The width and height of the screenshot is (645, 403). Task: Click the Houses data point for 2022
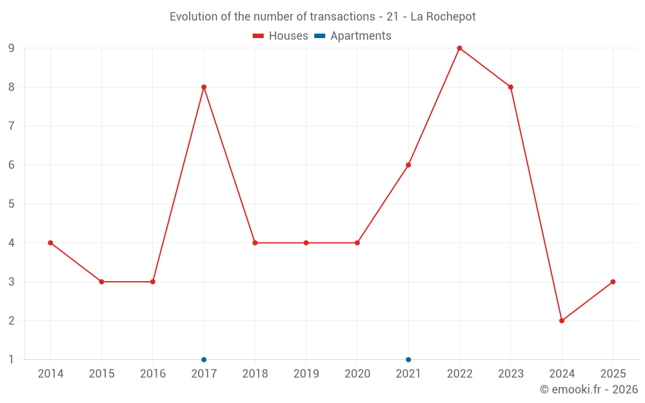click(459, 48)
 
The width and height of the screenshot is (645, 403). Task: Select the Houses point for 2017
click(204, 87)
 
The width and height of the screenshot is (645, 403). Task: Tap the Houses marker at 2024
click(562, 320)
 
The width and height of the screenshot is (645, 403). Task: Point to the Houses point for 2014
click(50, 242)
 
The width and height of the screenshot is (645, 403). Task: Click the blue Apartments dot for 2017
click(204, 359)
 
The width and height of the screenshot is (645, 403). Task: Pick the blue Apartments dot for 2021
click(408, 359)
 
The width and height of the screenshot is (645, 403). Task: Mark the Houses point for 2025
click(613, 282)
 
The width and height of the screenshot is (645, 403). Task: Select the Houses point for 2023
click(511, 87)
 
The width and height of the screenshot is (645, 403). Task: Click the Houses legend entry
click(281, 36)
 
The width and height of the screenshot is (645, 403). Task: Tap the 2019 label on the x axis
click(306, 374)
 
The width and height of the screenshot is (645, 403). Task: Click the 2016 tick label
click(153, 374)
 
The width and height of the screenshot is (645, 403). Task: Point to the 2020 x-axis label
click(357, 374)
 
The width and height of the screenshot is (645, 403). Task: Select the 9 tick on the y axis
click(12, 48)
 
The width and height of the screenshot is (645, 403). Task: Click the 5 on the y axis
click(12, 204)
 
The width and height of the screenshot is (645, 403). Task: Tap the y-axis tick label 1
click(12, 360)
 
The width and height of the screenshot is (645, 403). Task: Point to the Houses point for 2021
click(408, 165)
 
